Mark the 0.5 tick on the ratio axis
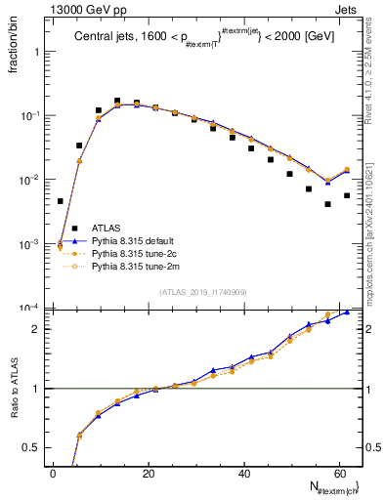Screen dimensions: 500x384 36,448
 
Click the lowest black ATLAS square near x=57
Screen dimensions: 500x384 327,204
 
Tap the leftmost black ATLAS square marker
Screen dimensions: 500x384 61,201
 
